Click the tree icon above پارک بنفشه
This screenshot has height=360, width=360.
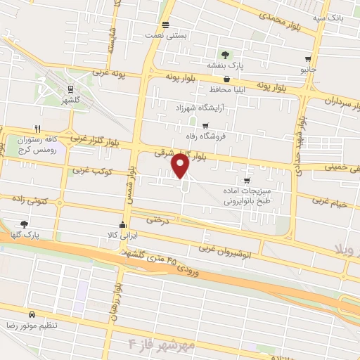[224, 54]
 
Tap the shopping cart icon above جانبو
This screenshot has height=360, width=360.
[308, 59]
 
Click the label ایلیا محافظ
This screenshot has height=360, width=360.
[226, 91]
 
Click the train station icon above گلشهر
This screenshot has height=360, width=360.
[70, 89]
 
